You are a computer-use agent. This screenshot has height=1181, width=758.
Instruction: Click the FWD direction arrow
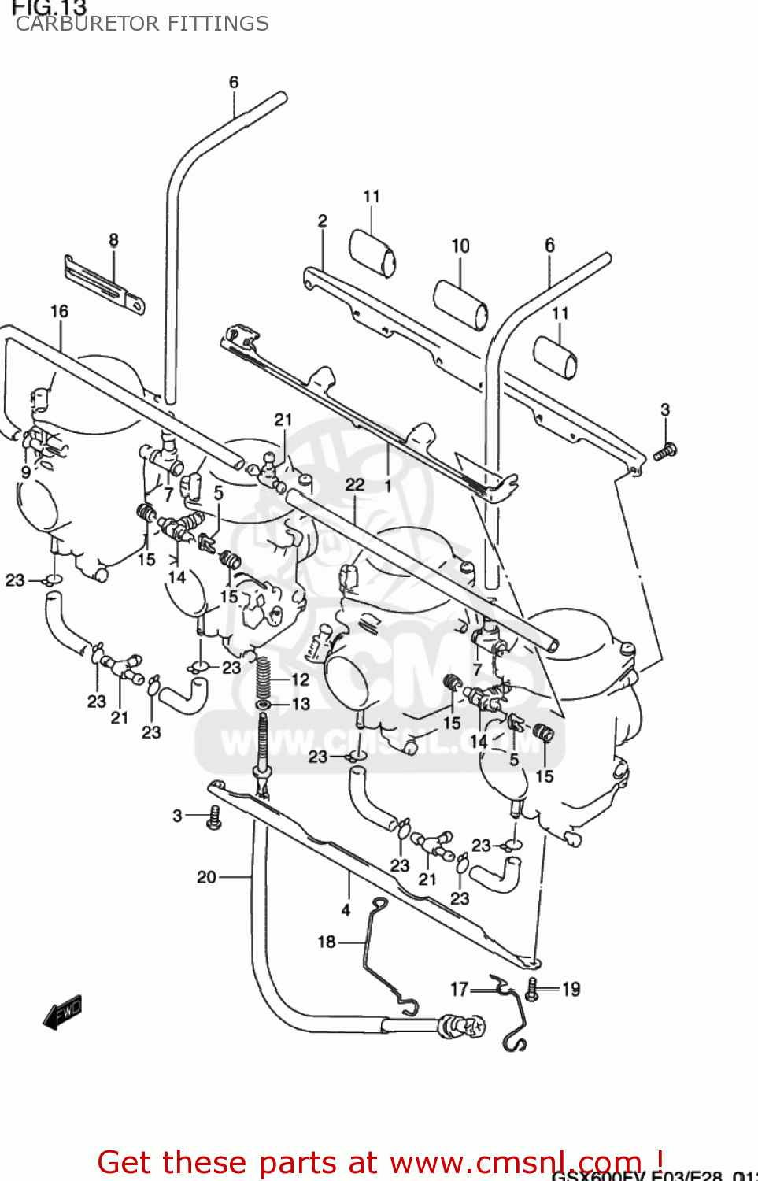(62, 1013)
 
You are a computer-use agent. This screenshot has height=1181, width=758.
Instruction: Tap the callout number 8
(114, 240)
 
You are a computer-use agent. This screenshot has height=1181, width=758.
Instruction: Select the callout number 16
(59, 312)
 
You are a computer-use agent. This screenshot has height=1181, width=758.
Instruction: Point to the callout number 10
(460, 246)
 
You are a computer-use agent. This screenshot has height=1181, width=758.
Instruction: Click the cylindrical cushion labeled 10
(461, 305)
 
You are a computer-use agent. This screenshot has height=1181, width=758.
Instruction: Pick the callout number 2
(322, 221)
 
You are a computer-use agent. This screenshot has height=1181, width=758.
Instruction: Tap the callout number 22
(355, 485)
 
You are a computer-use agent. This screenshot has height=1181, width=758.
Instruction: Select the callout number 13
(301, 704)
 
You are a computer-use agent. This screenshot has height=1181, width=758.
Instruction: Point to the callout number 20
(206, 877)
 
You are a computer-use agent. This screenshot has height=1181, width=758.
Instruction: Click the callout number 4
(346, 910)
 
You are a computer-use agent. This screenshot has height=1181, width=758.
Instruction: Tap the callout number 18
(327, 942)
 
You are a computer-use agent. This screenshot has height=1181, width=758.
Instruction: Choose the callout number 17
(460, 989)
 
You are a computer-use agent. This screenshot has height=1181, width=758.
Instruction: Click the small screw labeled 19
(532, 990)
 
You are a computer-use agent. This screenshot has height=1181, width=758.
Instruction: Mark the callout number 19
(571, 990)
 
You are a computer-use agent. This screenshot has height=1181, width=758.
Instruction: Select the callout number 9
(26, 472)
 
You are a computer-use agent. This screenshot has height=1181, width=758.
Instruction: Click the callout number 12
(300, 679)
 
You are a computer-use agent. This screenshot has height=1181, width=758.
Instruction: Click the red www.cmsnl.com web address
(516, 1162)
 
